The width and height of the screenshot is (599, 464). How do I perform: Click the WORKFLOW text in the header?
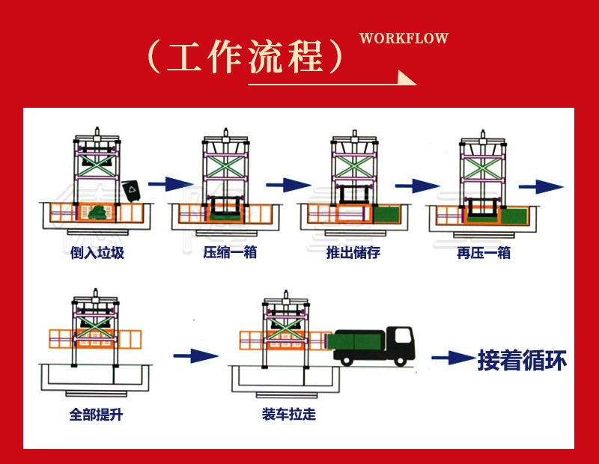(x=404, y=38)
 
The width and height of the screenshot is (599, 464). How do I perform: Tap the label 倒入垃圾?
(x=98, y=253)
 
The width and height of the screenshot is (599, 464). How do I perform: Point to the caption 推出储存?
(x=353, y=253)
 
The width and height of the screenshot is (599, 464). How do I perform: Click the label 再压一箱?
(x=484, y=253)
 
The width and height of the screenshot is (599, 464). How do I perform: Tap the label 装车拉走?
(x=288, y=414)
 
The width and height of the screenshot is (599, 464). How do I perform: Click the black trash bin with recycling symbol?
(x=132, y=191)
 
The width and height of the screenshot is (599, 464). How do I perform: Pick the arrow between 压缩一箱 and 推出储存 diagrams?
(x=285, y=183)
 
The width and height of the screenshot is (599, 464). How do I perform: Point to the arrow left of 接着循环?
(x=451, y=358)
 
